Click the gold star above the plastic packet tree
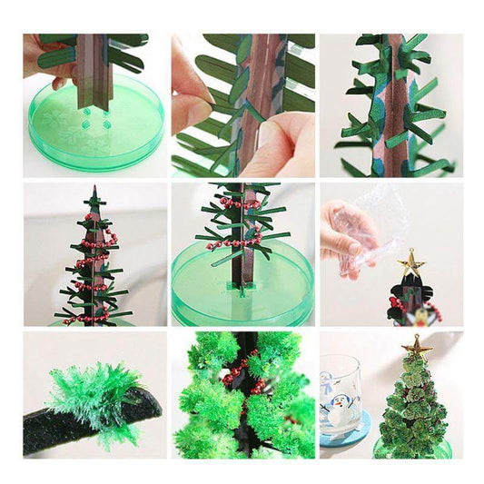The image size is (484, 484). coord(411,265)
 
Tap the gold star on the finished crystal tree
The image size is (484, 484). coord(418,347)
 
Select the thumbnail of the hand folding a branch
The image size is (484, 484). coord(242,105)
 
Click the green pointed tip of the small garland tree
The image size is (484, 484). coord(94,193)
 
